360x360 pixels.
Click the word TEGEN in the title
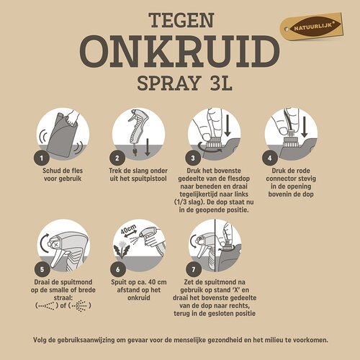click(x=179, y=19)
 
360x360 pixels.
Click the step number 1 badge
click(x=42, y=156)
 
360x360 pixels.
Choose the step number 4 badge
click(x=271, y=156)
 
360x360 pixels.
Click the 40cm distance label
click(x=127, y=232)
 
